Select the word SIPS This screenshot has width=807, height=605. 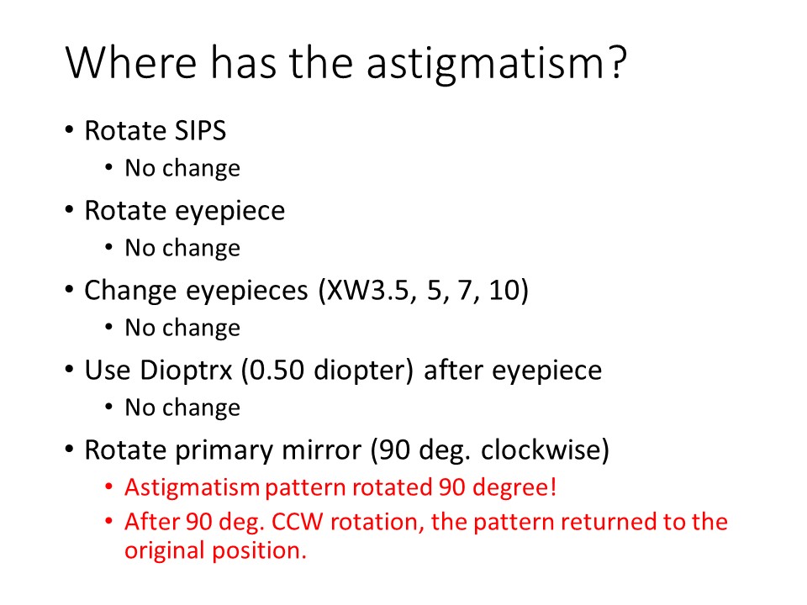200,130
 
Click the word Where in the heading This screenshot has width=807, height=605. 132,62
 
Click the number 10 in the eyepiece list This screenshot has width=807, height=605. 504,290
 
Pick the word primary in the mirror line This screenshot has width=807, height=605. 225,450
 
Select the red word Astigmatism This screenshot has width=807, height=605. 192,487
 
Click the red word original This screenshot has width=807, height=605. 166,550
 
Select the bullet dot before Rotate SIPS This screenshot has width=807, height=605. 70,129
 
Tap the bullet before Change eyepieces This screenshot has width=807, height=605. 70,289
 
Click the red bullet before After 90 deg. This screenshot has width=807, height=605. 108,521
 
